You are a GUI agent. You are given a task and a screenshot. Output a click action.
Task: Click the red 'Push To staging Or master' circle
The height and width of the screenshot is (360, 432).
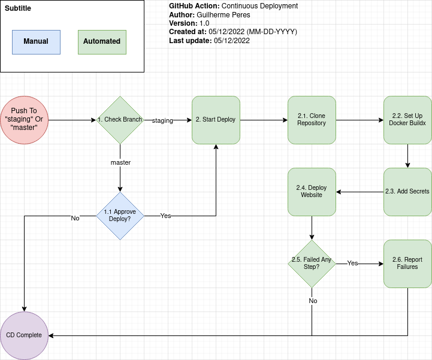24,120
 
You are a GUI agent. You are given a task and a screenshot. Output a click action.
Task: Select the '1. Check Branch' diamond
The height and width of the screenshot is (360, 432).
120,120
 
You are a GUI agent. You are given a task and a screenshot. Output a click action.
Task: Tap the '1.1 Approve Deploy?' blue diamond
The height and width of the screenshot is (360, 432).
120,216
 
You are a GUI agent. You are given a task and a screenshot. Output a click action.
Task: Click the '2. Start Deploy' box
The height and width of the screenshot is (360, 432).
216,120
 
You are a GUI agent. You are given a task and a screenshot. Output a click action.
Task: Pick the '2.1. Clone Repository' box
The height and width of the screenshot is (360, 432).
312,120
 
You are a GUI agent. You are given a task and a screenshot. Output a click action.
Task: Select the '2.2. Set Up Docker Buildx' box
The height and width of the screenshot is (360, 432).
407,120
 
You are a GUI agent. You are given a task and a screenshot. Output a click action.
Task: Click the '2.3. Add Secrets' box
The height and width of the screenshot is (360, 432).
407,192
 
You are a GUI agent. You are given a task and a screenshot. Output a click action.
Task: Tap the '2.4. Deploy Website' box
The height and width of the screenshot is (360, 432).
312,192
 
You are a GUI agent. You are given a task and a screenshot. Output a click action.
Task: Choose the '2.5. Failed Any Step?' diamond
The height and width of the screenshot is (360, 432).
312,264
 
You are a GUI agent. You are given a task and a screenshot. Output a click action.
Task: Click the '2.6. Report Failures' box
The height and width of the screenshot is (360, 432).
407,264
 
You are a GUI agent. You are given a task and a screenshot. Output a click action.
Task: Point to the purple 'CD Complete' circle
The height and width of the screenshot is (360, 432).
24,335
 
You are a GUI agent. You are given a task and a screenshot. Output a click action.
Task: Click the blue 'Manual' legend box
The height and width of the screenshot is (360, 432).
36,41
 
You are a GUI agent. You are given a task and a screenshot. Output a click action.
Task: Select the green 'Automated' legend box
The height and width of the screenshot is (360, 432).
102,41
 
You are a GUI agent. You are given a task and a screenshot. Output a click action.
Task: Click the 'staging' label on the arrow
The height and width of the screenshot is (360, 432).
162,120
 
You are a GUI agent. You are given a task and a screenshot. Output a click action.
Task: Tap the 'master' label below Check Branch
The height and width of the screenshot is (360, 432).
120,162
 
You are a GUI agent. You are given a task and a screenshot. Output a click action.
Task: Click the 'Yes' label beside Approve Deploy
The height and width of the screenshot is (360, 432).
165,216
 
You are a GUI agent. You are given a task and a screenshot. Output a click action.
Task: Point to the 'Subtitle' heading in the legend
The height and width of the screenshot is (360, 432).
18,8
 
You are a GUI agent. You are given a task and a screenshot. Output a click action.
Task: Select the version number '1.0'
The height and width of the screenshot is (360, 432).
204,23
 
